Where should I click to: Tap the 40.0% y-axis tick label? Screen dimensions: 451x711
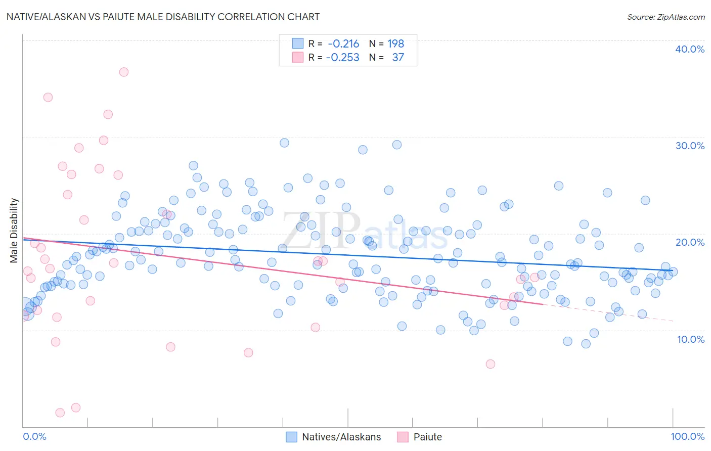click(690, 49)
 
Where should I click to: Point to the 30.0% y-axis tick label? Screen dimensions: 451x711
click(690, 146)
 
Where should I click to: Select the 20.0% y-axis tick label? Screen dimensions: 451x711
click(690, 242)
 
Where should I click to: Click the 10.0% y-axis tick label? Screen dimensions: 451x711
click(690, 339)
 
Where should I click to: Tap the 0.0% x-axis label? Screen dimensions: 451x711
click(34, 436)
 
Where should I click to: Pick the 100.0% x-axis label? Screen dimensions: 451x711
click(687, 436)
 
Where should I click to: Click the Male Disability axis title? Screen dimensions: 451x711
click(14, 230)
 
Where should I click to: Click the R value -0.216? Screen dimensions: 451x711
click(343, 43)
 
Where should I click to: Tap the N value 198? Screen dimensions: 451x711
click(395, 43)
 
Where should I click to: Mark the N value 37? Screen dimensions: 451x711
click(398, 57)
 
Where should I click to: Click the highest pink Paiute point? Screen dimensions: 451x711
click(124, 72)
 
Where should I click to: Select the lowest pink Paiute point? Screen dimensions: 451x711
click(60, 413)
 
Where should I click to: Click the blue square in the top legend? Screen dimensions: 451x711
click(298, 43)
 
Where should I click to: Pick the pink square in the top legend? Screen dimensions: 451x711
click(298, 57)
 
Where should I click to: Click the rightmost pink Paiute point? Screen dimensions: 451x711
click(534, 277)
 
